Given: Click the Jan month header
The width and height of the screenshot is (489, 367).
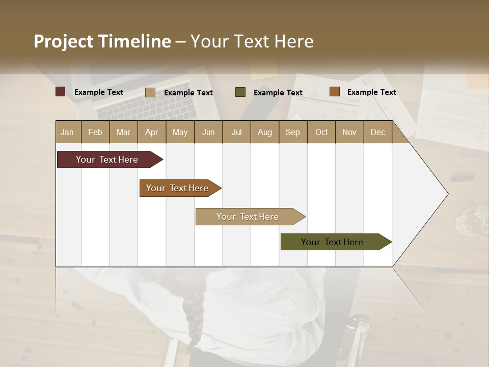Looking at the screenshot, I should (67, 132).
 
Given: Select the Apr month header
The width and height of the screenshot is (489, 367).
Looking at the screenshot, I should (151, 132).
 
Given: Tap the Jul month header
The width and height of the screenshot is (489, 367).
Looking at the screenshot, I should (236, 132).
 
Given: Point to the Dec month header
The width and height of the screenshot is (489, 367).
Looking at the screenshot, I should (377, 132).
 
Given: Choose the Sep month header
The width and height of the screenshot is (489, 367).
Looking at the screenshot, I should (292, 132).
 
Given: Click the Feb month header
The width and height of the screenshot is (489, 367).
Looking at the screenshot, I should (95, 132).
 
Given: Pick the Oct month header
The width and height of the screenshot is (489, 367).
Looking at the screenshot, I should (321, 132).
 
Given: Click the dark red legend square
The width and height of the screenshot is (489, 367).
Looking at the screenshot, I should (60, 92).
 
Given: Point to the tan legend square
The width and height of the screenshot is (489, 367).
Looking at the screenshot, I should (150, 92).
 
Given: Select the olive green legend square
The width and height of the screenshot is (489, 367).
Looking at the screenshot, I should (240, 92).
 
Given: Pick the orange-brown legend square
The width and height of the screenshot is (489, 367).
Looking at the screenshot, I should (334, 91).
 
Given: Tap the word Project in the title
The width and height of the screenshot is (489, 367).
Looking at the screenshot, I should (63, 41).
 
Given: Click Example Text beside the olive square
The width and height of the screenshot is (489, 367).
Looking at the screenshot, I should (278, 92).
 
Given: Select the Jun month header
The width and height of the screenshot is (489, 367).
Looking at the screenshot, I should (208, 132).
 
